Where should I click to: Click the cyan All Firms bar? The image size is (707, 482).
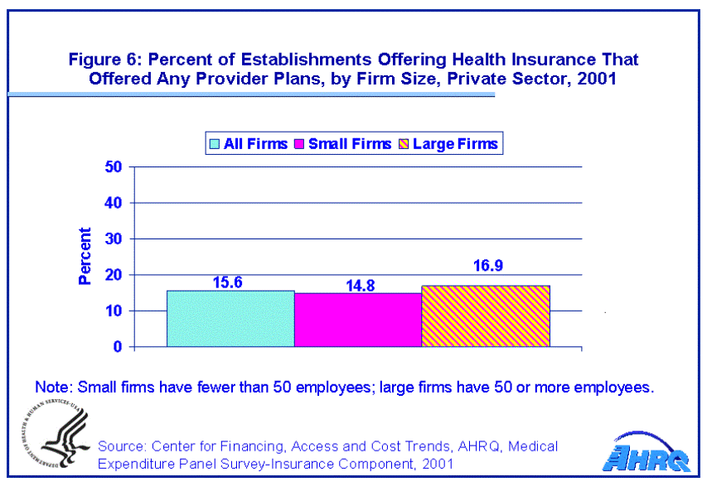[x=230, y=319]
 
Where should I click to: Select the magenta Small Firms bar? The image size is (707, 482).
[x=358, y=320]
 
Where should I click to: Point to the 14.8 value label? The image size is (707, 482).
[x=358, y=285]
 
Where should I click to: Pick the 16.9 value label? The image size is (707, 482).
[x=486, y=267]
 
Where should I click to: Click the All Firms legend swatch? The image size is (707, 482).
[x=215, y=143]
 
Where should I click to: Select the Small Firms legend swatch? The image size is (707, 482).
[x=299, y=143]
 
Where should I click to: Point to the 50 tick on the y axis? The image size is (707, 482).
[x=114, y=166]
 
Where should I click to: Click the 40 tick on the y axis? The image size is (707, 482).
[x=114, y=203]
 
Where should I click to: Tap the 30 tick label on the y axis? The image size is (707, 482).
[x=114, y=239]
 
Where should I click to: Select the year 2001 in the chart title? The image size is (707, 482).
[x=598, y=80]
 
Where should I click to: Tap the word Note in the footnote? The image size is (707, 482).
[x=51, y=387]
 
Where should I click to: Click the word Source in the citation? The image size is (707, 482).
[x=121, y=446]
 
